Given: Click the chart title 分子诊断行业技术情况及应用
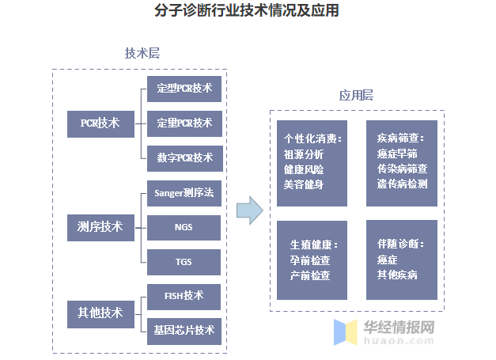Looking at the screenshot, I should [248, 11].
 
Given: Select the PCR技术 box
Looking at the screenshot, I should [100, 123].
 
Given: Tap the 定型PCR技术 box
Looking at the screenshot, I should [184, 89].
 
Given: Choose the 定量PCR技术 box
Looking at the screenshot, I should [184, 123].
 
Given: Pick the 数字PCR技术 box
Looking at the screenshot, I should [184, 158].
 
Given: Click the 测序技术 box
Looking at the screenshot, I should [100, 227].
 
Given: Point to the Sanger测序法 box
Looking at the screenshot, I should [184, 193].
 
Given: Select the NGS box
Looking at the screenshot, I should [184, 228].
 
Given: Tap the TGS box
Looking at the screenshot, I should [184, 262].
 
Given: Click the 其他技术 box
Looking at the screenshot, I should [100, 313].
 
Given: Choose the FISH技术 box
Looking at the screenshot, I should [184, 296].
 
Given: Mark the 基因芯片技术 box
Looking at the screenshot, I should [184, 330].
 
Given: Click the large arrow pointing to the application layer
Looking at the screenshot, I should [249, 210].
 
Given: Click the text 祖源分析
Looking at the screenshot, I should [304, 154].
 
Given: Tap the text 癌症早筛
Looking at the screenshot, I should [397, 153].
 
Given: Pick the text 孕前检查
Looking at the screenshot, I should [310, 260].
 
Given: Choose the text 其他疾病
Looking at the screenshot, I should [397, 275].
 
